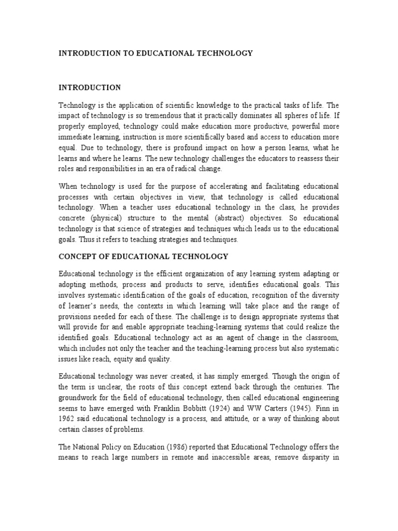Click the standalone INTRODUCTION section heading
click(90, 88)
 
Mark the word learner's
click(86, 305)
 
